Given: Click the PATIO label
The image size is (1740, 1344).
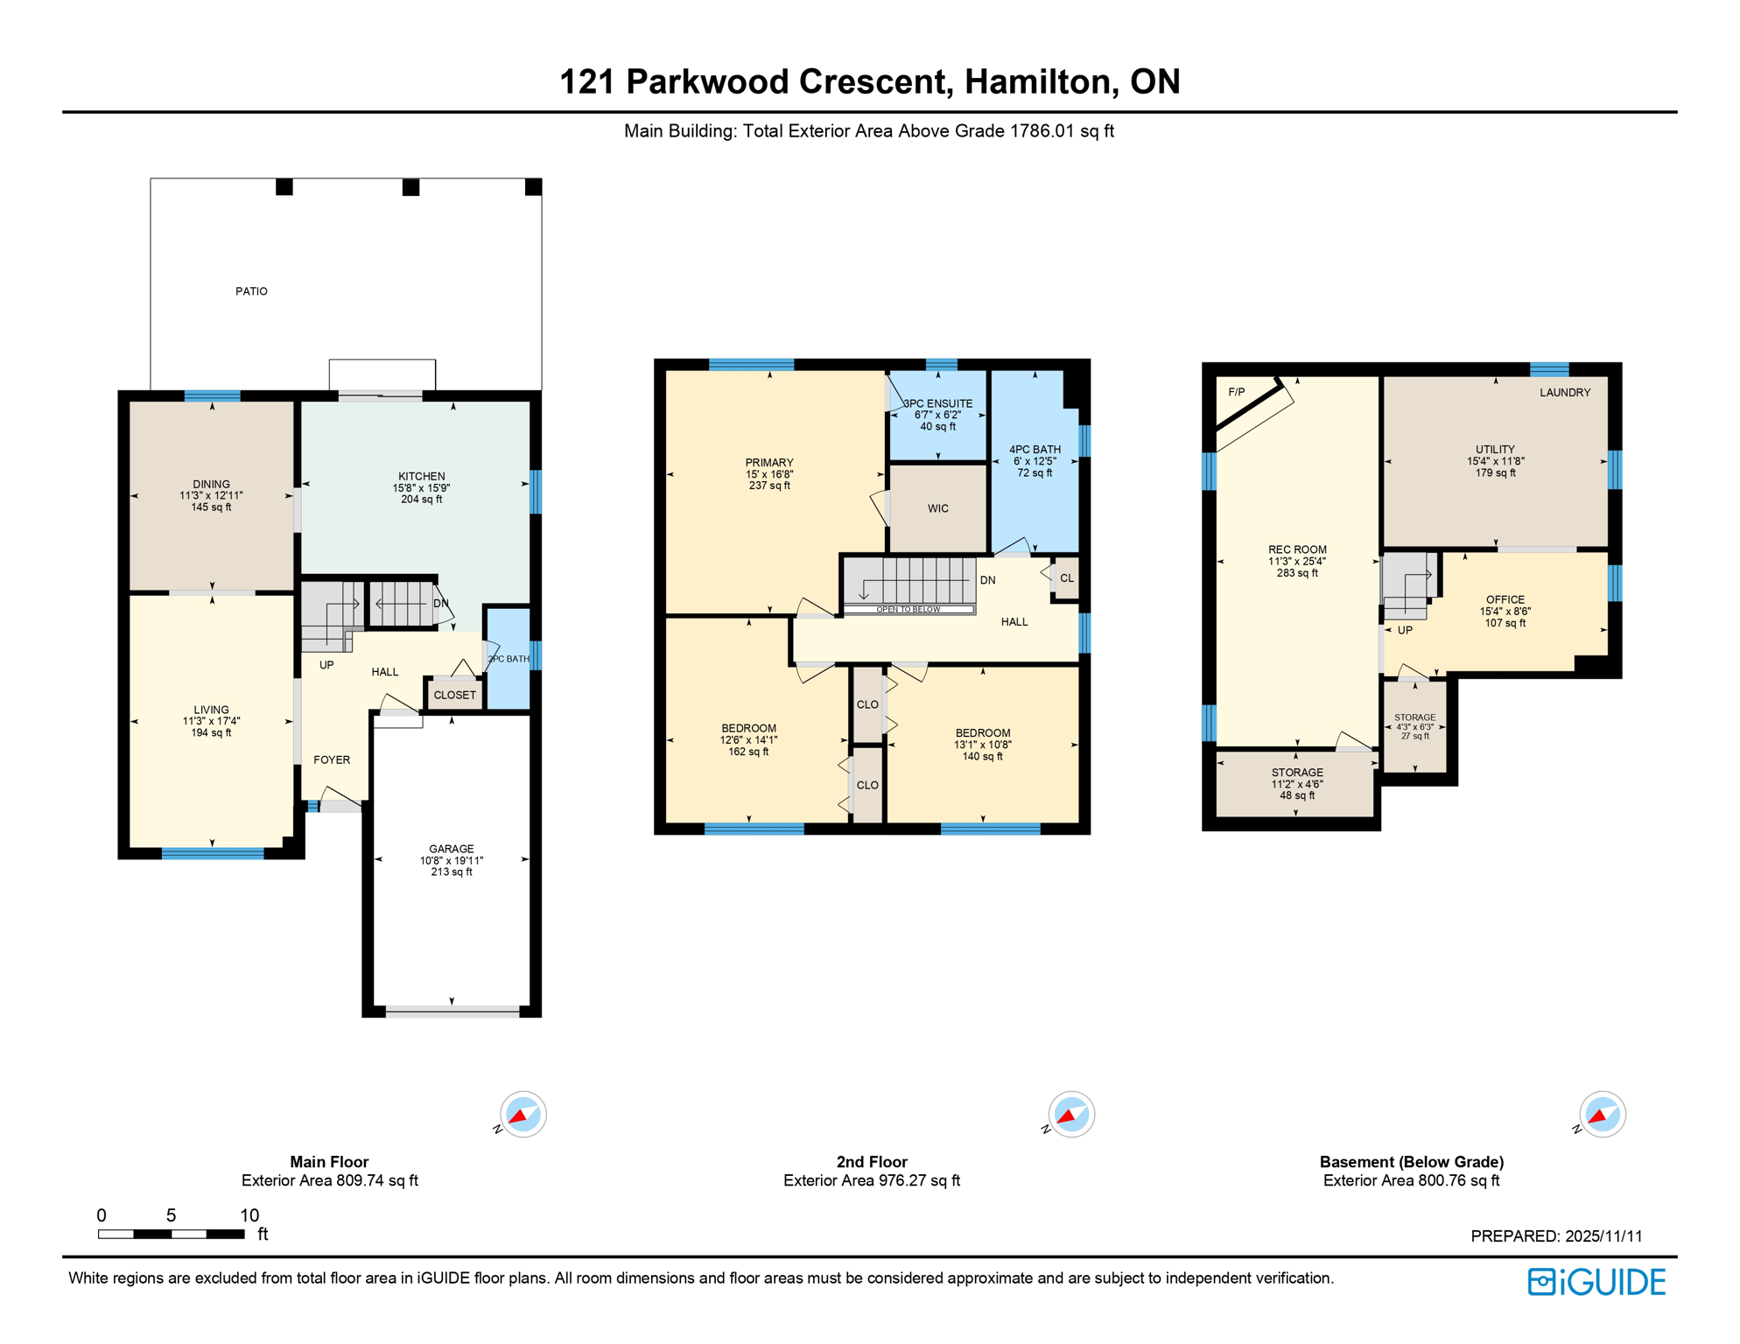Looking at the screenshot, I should point(251,291).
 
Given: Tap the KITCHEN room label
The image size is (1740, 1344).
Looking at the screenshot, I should point(421,477).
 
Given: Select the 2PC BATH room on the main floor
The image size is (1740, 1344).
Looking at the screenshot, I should point(509,659).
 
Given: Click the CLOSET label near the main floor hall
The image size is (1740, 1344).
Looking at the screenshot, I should point(454,696).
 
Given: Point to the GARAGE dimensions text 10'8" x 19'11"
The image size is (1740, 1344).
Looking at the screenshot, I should point(451,861).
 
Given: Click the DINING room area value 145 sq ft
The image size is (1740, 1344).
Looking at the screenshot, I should point(211,507).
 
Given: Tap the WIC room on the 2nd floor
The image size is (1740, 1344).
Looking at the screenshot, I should point(937,508).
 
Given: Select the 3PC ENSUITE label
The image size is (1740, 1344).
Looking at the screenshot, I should point(937,404).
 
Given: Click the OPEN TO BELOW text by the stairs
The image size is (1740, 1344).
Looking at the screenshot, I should point(908,609).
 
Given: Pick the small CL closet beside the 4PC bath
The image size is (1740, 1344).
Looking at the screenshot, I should point(1066,578).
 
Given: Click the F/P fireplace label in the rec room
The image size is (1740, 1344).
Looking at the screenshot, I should point(1236,392).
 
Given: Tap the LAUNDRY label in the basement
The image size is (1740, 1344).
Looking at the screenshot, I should point(1564,393).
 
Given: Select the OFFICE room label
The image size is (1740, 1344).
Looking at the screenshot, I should point(1505,600).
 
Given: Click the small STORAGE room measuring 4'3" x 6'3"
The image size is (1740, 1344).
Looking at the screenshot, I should point(1414,727).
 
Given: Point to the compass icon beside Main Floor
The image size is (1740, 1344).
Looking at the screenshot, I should point(523,1115).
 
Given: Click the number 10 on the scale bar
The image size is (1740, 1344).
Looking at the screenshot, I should point(249,1215).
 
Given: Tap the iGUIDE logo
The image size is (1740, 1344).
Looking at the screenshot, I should point(1596,1282).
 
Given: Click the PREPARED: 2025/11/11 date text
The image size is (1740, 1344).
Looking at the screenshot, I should point(1555,1236).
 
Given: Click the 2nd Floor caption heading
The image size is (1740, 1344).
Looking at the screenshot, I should point(871,1162).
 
